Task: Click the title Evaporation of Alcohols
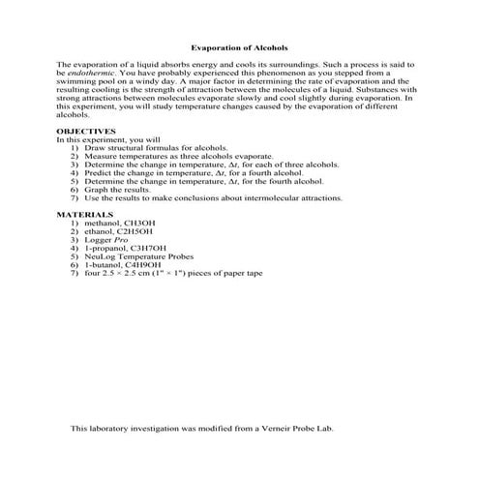[239, 46]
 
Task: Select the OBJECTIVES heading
[86, 130]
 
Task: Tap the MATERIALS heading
[84, 214]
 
